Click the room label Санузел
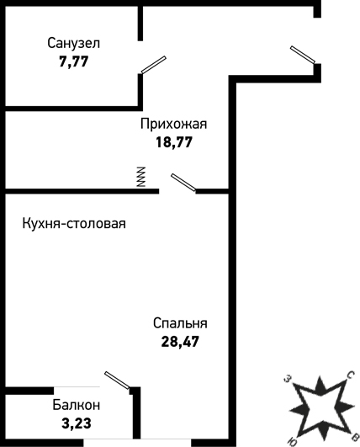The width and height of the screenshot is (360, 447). coord(74,44)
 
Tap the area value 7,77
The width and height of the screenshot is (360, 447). coord(74,61)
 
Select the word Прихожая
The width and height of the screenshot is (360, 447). coord(174,125)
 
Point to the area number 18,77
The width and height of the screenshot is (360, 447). coord(174,142)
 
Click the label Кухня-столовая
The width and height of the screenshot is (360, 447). coord(74,224)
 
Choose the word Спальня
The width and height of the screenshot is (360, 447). coord(180,323)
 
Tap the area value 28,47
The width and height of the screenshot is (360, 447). coord(180,341)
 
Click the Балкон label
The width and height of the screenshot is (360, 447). coord(77,405)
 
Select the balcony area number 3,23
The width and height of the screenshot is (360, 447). coord(77,423)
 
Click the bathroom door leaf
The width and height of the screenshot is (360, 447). coord(154,65)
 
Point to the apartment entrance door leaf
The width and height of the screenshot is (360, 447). coord(303,55)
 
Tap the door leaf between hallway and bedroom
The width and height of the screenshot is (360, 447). coord(183,182)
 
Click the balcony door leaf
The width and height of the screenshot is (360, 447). coord(117,380)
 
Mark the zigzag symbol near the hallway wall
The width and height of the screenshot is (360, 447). coord(141,177)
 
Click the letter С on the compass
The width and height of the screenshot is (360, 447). coord(350,375)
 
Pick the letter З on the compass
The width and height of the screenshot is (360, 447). coord(289,379)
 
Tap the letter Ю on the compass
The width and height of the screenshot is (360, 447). coord(293,442)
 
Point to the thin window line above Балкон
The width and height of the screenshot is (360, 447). coord(77,387)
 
